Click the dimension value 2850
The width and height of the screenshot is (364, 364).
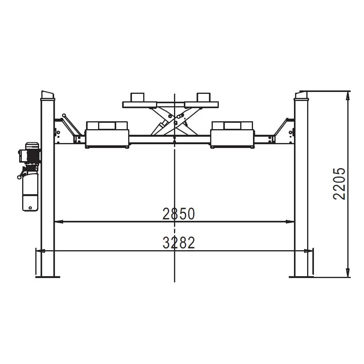pyautogui.click(x=178, y=214)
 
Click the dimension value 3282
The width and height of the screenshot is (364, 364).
pyautogui.click(x=178, y=243)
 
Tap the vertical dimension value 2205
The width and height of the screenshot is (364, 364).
pyautogui.click(x=339, y=184)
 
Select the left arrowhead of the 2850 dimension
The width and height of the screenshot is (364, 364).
pyautogui.click(x=59, y=222)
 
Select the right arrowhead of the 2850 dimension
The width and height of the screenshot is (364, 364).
pyautogui.click(x=290, y=222)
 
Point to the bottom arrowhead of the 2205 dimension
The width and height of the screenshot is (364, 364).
pyautogui.click(x=348, y=272)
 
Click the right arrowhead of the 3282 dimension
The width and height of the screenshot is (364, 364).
pyautogui.click(x=308, y=251)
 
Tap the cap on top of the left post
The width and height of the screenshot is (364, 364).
pyautogui.click(x=48, y=96)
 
